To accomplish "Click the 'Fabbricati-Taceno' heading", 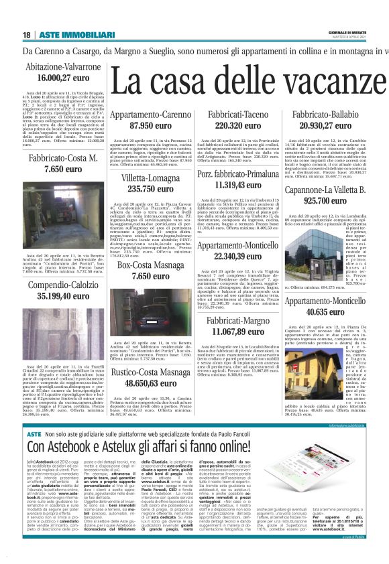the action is click(237, 116).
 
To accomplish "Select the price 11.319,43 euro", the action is click(237, 186).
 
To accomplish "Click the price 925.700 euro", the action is click(324, 200).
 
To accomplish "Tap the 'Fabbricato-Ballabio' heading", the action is click(324, 116).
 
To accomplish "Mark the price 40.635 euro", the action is click(324, 311).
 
